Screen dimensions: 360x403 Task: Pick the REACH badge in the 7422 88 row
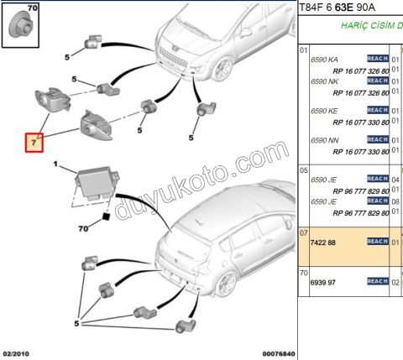(378, 242)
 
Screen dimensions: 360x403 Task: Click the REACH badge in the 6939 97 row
(378, 282)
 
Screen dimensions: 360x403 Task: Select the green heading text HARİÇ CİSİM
(369, 26)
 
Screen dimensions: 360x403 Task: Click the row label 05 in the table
(304, 169)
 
